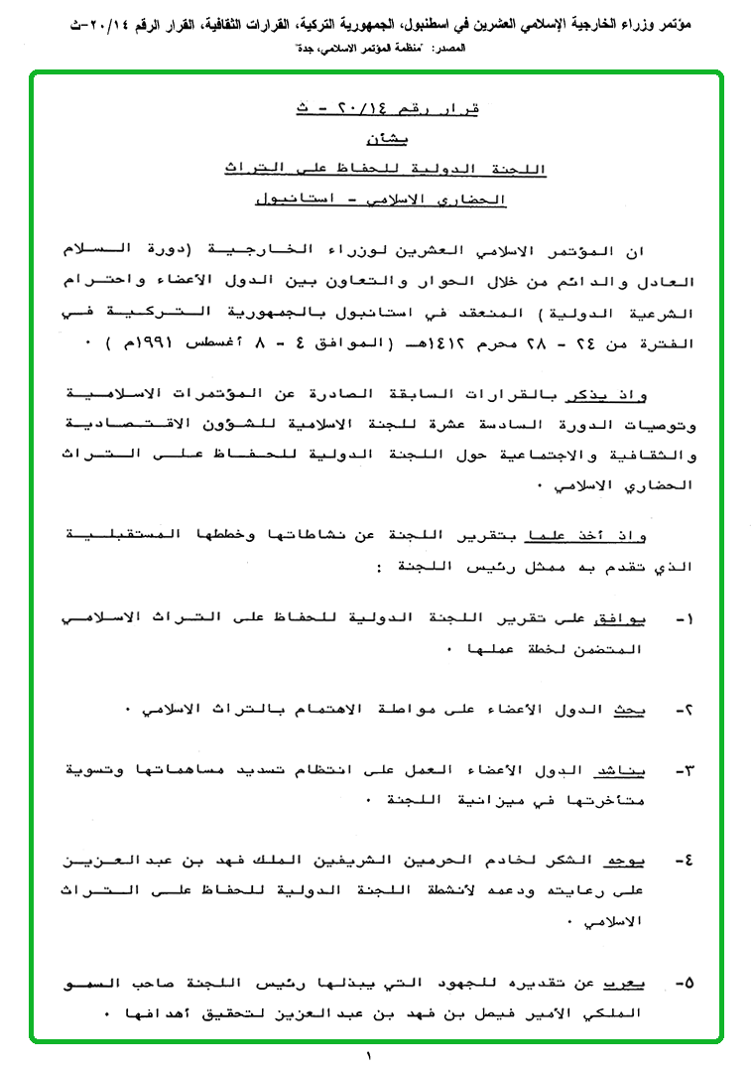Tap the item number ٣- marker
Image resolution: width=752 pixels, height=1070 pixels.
[684, 770]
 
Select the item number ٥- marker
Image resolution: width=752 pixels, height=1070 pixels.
[684, 984]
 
